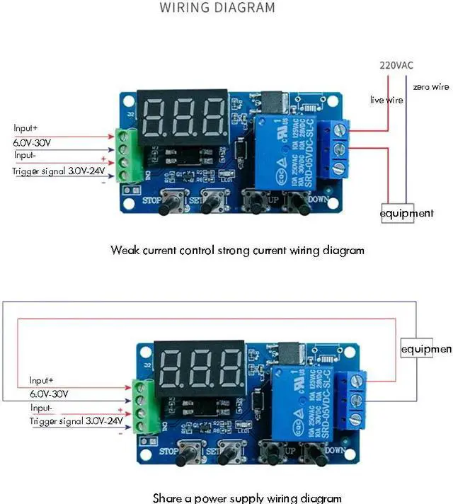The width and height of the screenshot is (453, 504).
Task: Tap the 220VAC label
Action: pyautogui.click(x=396, y=65)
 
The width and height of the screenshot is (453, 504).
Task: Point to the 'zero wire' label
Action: pyautogui.click(x=430, y=86)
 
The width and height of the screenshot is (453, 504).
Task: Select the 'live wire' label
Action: pyautogui.click(x=386, y=101)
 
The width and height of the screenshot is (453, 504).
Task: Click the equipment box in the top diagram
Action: pyautogui.click(x=406, y=213)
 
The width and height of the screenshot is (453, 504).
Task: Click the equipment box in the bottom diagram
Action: pyautogui.click(x=426, y=349)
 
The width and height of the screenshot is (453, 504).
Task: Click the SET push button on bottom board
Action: pyautogui.click(x=226, y=451)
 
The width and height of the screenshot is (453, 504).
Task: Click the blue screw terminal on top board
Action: pyautogui.click(x=336, y=149)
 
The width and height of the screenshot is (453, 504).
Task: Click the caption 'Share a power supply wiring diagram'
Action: pyautogui.click(x=247, y=498)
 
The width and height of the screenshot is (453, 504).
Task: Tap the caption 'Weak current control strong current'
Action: pyautogui.click(x=237, y=250)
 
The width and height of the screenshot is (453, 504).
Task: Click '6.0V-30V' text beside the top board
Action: pyautogui.click(x=33, y=142)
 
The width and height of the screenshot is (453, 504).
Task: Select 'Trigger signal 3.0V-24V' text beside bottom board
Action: pyautogui.click(x=76, y=421)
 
